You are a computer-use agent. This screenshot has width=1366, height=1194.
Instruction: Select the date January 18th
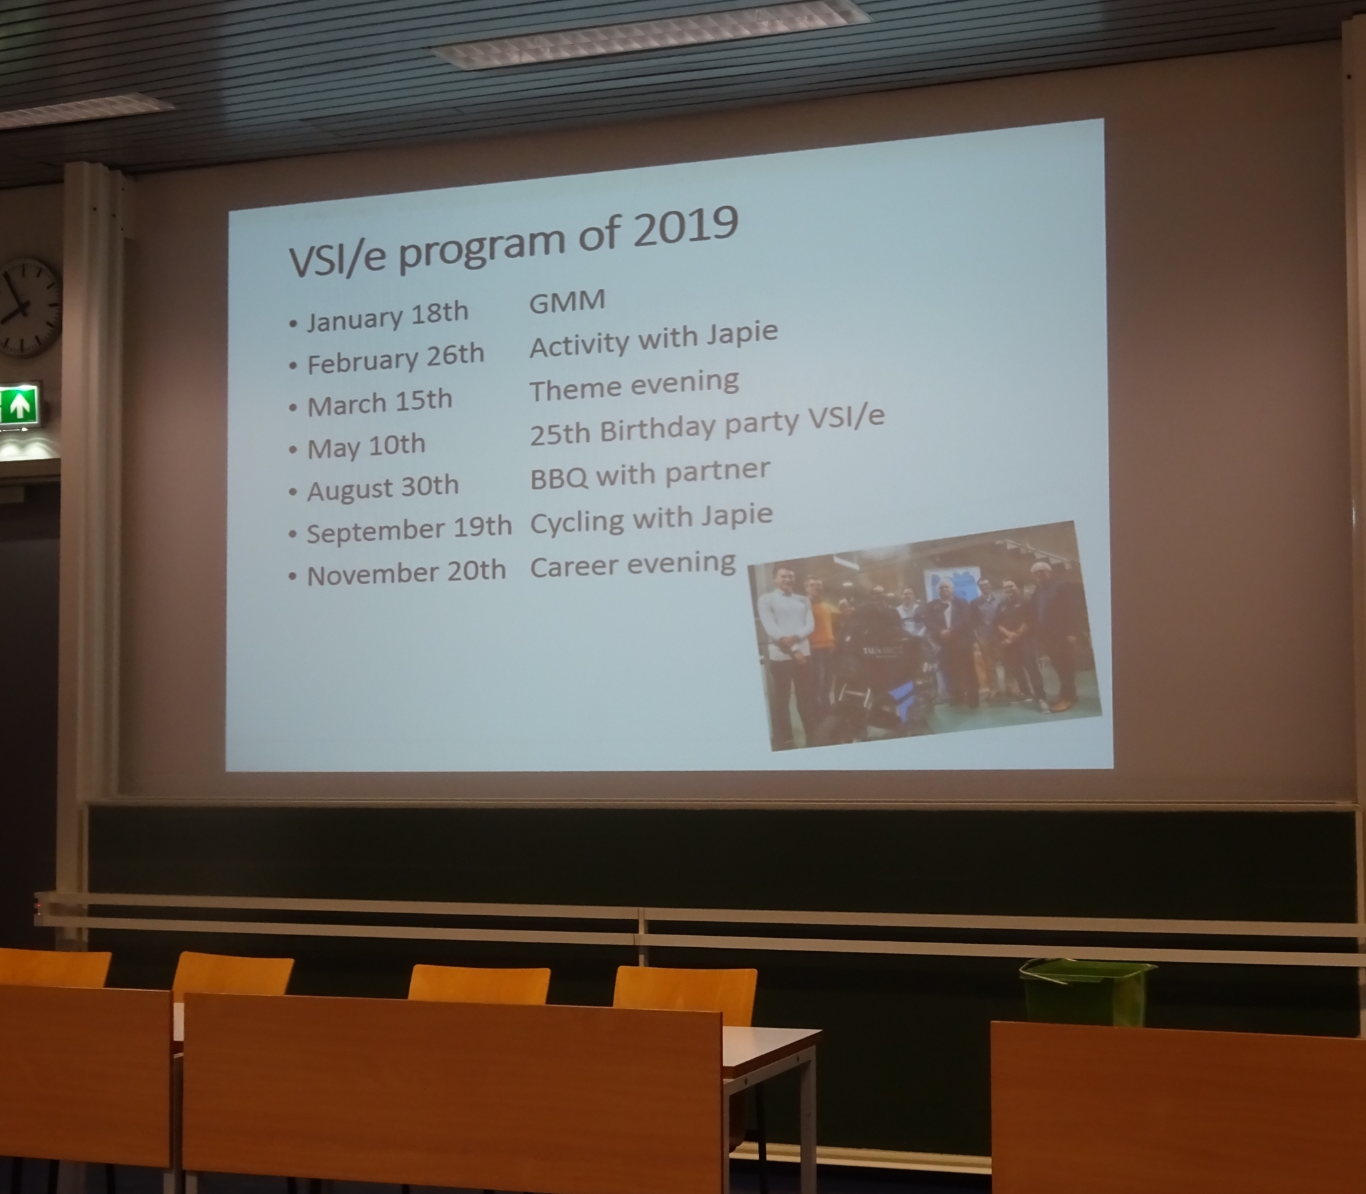(388, 317)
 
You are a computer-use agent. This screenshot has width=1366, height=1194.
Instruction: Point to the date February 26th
(395, 360)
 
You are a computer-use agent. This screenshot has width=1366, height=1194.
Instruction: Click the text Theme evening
(634, 386)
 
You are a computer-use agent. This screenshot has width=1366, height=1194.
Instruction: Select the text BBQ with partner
(650, 473)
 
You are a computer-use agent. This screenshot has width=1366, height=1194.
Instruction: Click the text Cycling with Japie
(651, 518)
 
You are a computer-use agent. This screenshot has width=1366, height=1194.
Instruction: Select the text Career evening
(632, 565)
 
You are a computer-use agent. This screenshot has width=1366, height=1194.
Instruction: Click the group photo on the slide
(924, 636)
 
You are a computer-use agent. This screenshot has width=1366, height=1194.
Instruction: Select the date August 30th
(382, 488)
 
